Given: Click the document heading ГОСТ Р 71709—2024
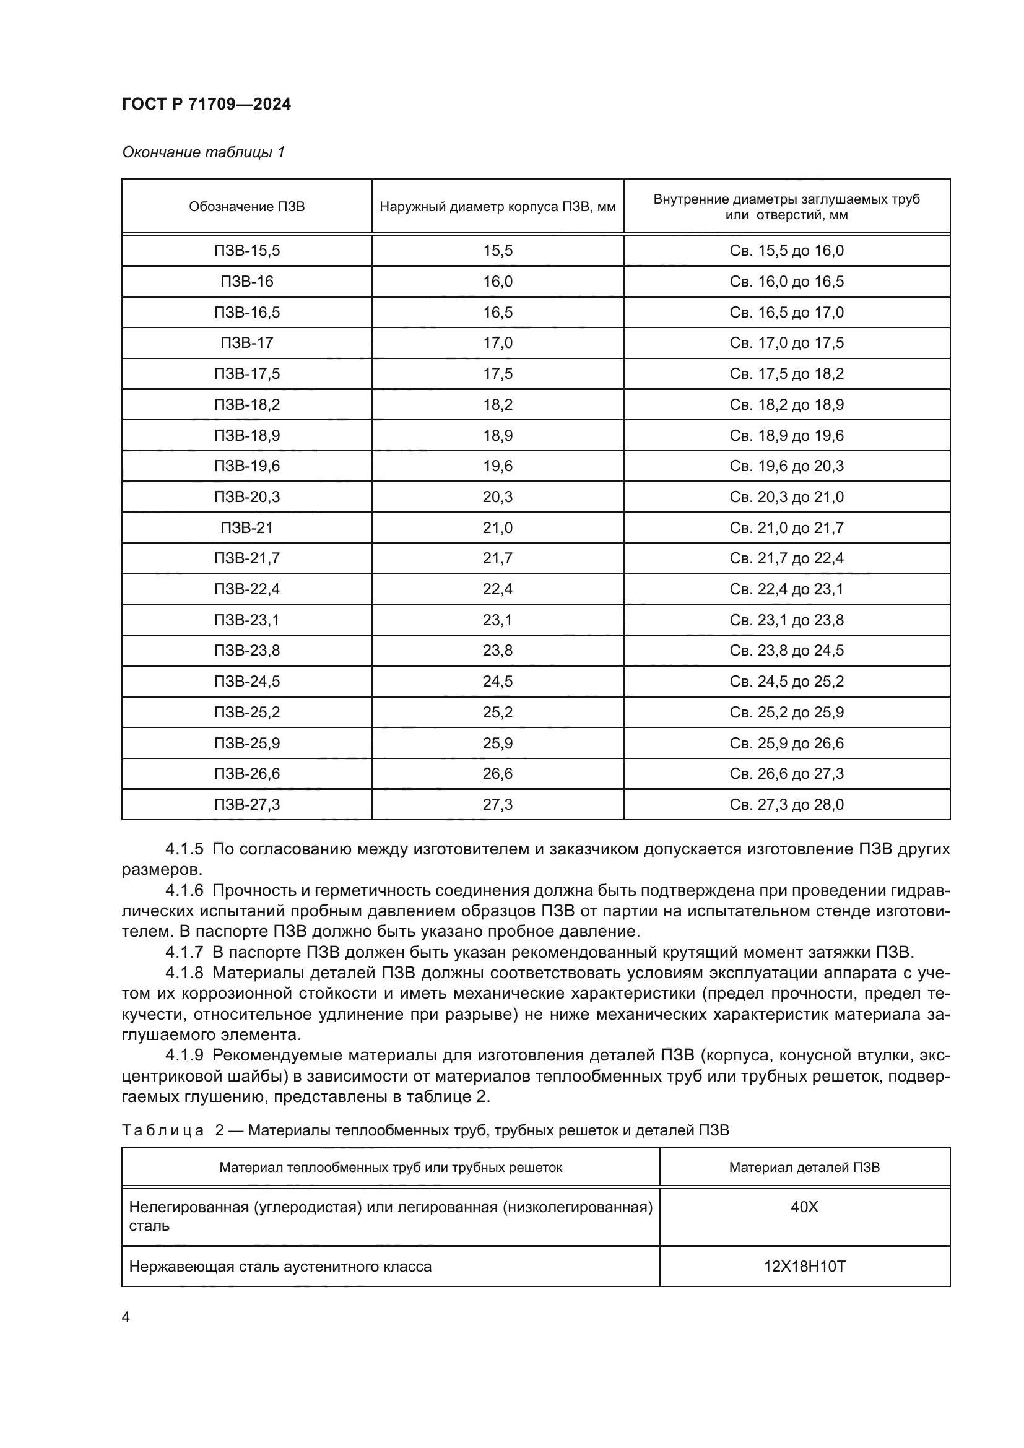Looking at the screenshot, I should click(x=206, y=104).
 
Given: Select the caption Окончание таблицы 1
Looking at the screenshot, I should click(x=203, y=152).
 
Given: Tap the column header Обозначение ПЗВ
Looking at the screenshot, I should click(x=246, y=207).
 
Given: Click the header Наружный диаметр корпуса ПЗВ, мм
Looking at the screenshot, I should click(x=498, y=207).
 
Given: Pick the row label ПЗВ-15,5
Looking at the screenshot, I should click(x=246, y=250).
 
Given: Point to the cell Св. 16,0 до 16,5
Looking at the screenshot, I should click(x=786, y=281).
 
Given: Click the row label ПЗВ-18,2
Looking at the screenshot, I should click(x=246, y=404).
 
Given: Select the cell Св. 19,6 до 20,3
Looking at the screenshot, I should click(x=786, y=466).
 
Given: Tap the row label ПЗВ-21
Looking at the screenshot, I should click(x=246, y=527).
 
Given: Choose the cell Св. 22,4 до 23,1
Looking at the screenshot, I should click(x=786, y=589).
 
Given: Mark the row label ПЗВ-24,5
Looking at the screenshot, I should click(x=246, y=681).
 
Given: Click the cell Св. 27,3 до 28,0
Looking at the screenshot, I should click(x=786, y=804).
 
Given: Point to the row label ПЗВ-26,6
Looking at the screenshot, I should click(x=246, y=773).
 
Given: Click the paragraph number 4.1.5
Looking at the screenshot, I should click(x=184, y=849).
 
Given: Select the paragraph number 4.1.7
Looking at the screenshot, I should click(x=184, y=952).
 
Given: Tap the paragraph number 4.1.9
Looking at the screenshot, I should click(x=184, y=1055).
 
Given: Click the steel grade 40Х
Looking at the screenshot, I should click(x=804, y=1207).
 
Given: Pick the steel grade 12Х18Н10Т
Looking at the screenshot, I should click(x=804, y=1266).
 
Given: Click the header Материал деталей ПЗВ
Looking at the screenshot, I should click(x=804, y=1168).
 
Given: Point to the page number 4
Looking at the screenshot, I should click(x=126, y=1317).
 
